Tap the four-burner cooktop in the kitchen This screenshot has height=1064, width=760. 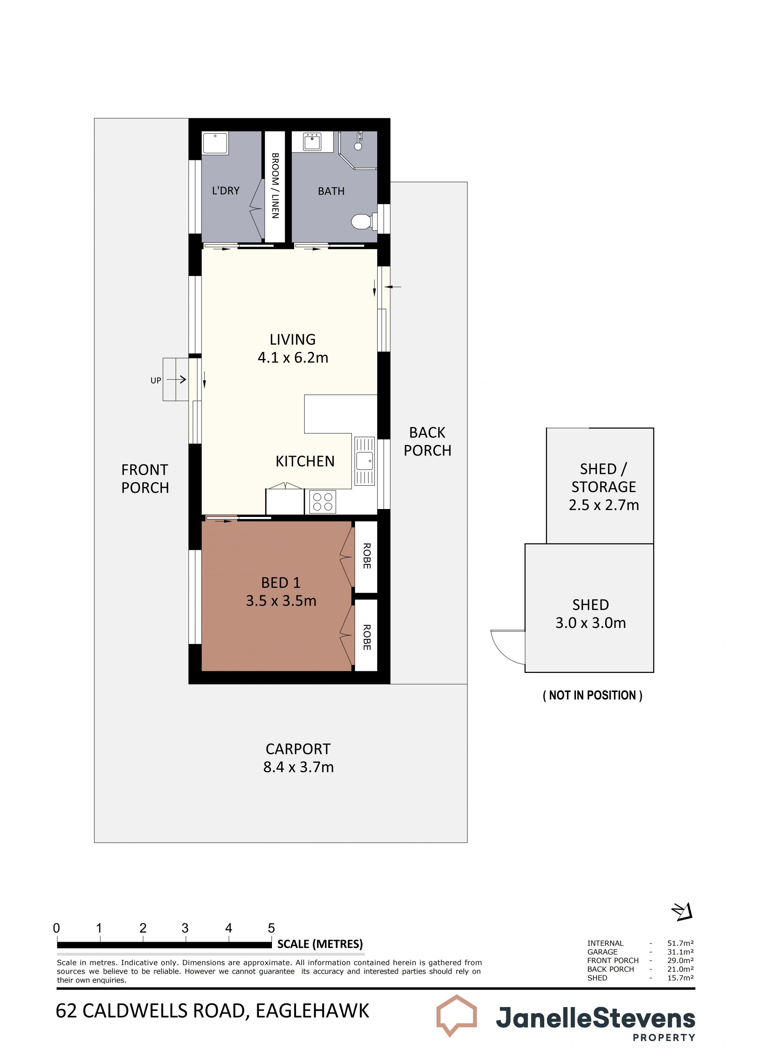tap(323, 502)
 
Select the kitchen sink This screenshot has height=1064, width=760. tap(364, 461)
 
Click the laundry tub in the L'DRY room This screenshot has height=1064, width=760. tap(215, 143)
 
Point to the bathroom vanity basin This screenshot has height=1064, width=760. tap(312, 142)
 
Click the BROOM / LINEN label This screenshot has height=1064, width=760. tap(275, 186)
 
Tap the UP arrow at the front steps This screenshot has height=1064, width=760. tap(177, 380)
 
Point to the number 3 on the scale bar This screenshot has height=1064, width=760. tap(185, 928)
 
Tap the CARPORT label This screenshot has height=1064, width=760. tap(298, 749)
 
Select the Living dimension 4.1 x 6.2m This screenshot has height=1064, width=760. tap(293, 357)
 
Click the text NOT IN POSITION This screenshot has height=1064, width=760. tap(592, 695)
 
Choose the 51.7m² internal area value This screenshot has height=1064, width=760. tap(680, 943)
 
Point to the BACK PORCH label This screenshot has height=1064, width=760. tap(427, 441)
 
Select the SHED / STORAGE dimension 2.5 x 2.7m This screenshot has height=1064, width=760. tap(604, 505)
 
